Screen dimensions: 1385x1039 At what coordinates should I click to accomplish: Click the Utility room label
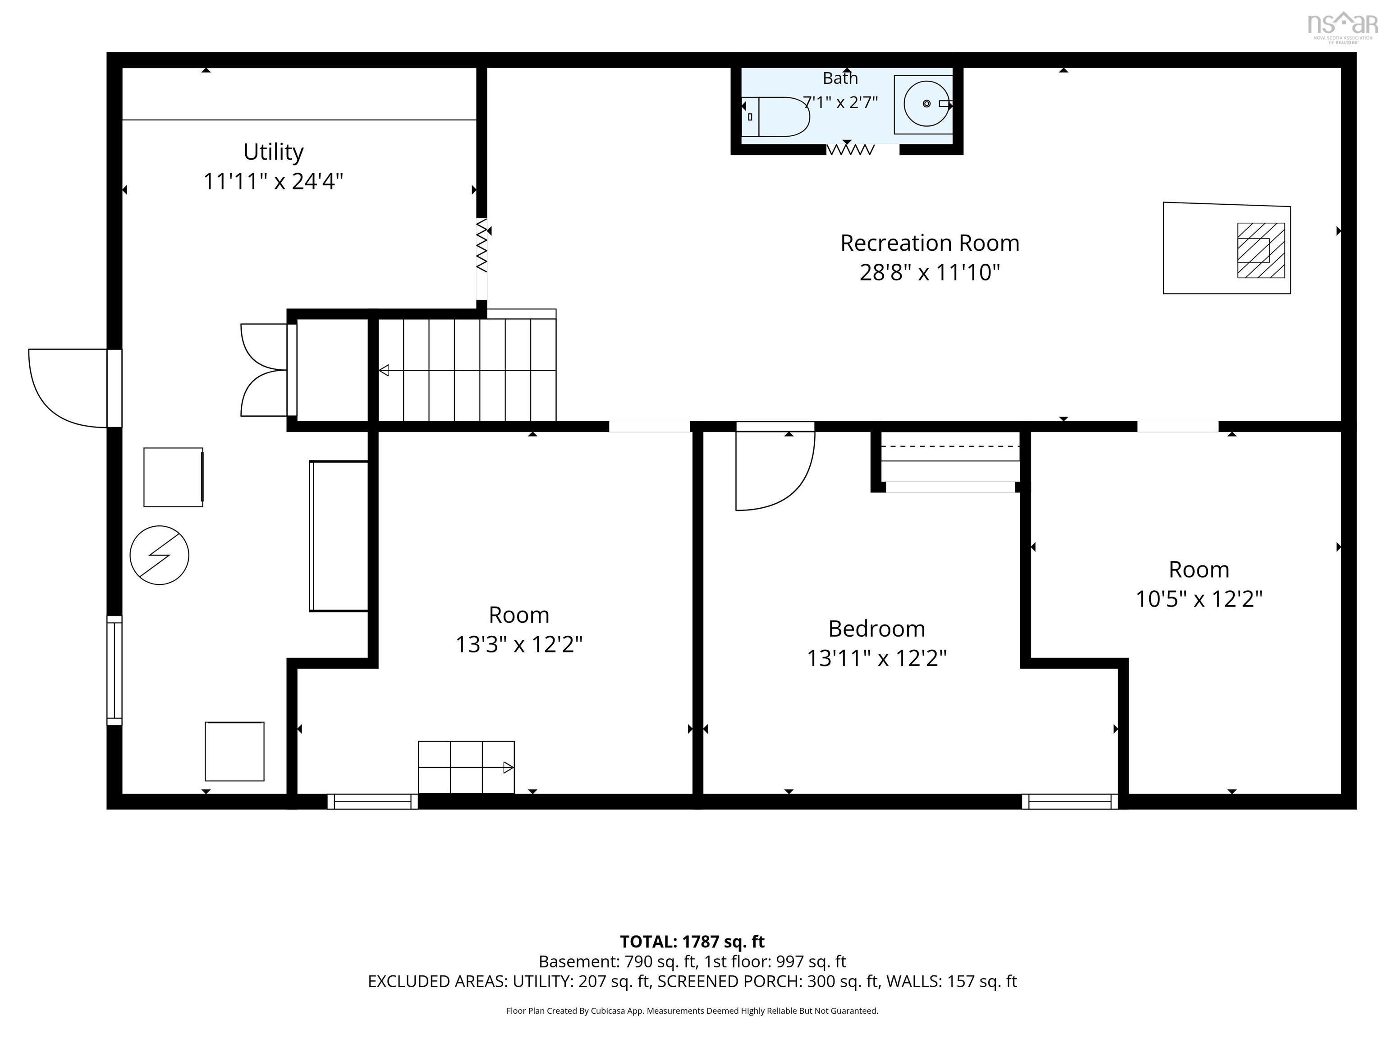(274, 152)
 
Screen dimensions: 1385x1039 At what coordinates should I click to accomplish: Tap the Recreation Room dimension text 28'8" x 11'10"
(930, 272)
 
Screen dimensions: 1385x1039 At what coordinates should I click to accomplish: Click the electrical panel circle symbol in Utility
(160, 555)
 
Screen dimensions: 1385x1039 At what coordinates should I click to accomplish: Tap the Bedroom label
(876, 628)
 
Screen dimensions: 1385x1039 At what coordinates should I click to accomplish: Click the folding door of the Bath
(850, 150)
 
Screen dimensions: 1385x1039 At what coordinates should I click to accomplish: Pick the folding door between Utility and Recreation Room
(482, 245)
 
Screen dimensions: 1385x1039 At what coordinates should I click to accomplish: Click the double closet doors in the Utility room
(264, 369)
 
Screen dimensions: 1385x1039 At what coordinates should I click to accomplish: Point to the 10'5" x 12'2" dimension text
(1199, 599)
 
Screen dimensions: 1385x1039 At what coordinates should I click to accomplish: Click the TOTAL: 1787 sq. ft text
(692, 942)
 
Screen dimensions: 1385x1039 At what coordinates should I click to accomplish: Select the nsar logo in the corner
(1343, 27)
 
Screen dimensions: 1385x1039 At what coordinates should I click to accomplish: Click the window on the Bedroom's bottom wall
(1070, 802)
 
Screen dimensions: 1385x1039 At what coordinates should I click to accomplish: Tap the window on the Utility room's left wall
(115, 670)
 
